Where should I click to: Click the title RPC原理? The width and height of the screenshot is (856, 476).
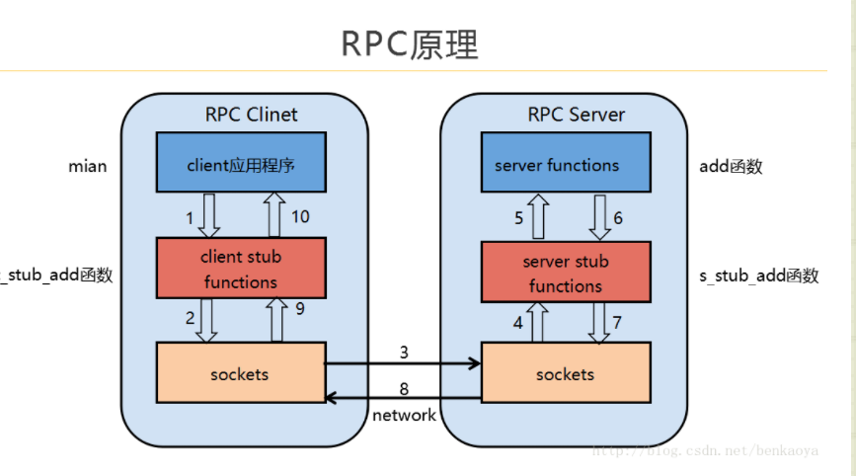(410, 44)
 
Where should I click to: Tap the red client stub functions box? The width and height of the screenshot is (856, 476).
(241, 269)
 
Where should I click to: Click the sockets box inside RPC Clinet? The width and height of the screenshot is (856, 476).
(241, 374)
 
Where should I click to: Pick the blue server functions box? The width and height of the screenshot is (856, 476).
(566, 165)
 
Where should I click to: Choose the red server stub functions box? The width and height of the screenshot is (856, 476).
(566, 274)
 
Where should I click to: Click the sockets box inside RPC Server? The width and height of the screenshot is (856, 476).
(566, 374)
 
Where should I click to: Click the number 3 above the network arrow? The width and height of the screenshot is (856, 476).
(403, 352)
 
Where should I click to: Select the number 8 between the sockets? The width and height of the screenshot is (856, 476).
(403, 388)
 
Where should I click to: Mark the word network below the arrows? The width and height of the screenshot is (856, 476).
(404, 415)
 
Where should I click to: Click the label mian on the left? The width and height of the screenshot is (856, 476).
(87, 166)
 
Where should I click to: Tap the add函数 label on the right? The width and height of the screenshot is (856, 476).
(731, 166)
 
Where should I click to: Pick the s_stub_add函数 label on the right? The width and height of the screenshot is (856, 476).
(758, 276)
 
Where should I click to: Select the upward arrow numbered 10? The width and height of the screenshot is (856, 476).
(273, 214)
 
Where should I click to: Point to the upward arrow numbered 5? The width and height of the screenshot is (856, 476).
(537, 216)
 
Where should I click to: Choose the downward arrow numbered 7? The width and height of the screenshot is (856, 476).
(599, 322)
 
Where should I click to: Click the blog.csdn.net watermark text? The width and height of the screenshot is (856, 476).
(705, 450)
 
